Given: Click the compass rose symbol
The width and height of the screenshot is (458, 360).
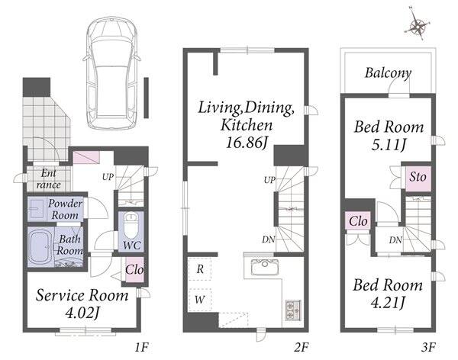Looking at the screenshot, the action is click(418, 26).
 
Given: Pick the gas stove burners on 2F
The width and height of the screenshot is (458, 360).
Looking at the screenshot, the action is click(292, 310).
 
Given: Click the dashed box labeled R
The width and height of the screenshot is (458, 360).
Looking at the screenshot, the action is click(200, 269).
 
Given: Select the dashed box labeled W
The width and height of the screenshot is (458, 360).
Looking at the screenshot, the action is click(200, 300).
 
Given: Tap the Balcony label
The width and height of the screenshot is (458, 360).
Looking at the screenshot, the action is click(389, 73).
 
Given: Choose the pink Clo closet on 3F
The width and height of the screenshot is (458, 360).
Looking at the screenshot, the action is click(358, 221).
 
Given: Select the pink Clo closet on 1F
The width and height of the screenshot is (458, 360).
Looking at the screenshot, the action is click(134, 270).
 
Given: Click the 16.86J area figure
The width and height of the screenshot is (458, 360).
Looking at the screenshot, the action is click(247, 143).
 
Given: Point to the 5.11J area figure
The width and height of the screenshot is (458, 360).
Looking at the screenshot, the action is click(389, 144).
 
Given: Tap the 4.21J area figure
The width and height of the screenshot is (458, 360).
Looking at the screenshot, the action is click(388, 303).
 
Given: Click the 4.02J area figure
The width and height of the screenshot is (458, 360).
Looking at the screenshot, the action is click(82, 313).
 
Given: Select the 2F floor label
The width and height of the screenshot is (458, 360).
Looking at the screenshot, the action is click(302, 348).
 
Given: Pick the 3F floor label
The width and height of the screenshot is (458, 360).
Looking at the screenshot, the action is click(428, 348).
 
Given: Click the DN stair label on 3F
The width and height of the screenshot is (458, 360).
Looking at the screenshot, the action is click(395, 240).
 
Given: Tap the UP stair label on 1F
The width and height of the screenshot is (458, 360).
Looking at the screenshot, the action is click(108, 177).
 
